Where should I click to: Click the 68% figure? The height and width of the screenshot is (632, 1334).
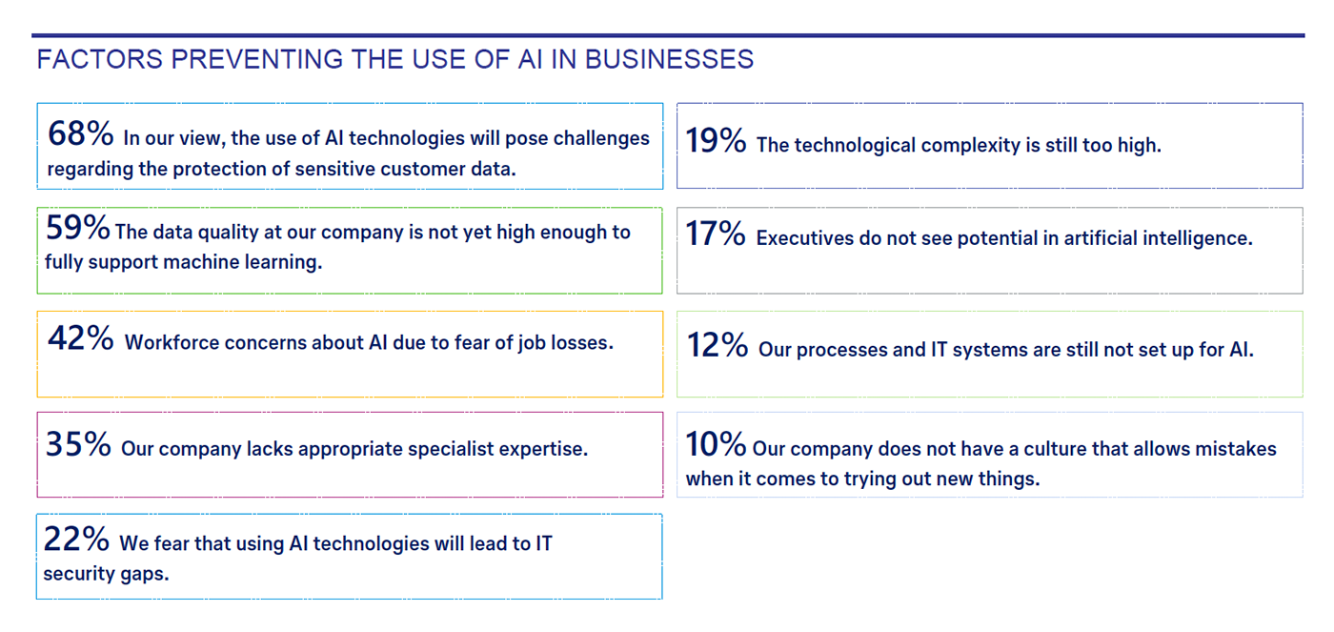[80, 133]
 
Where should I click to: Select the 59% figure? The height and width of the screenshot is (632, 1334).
[77, 227]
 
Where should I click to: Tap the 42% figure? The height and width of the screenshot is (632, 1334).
[80, 337]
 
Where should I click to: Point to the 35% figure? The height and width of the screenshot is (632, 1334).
[78, 444]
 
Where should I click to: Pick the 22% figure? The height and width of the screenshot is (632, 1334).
[76, 539]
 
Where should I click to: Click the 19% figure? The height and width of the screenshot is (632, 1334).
[716, 140]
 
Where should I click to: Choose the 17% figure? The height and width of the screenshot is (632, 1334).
[716, 233]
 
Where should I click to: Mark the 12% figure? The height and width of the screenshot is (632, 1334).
[717, 345]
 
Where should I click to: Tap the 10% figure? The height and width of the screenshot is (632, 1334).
[716, 444]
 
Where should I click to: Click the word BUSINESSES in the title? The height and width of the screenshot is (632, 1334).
[669, 59]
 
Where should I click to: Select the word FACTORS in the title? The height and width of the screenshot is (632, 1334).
[100, 59]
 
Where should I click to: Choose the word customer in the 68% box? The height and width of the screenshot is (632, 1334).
[422, 169]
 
